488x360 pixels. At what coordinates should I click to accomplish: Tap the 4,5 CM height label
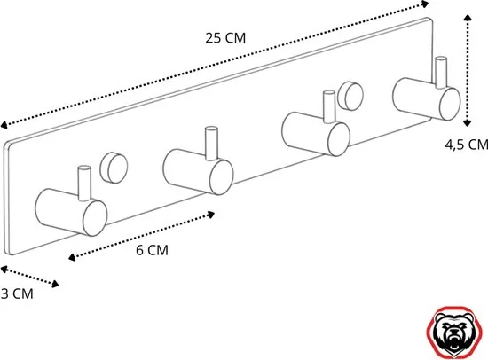[465, 144]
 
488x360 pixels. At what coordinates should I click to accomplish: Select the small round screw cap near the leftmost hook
[113, 166]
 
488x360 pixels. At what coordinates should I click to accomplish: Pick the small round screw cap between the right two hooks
[351, 93]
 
